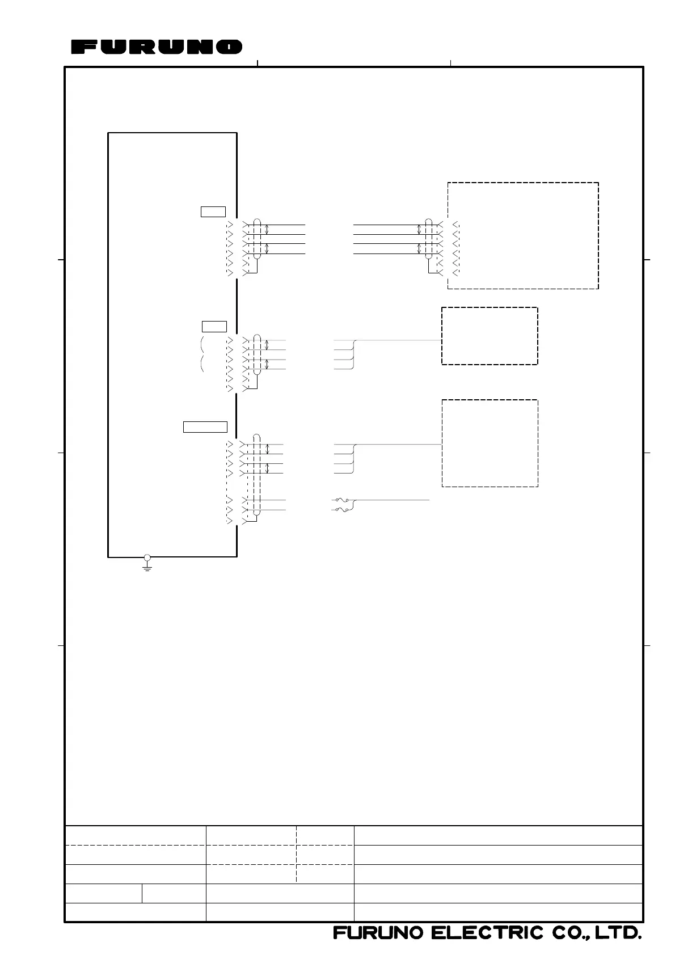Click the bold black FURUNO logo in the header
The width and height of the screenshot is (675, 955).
157,47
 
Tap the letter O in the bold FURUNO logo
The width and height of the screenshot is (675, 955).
229,47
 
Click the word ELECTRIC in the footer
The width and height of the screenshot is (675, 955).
487,933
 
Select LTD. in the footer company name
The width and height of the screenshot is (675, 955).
618,933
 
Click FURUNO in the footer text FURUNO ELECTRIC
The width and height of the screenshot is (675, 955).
379,933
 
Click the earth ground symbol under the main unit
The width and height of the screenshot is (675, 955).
147,567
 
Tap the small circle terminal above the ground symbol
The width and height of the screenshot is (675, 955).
147,557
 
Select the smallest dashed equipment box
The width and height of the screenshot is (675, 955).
490,307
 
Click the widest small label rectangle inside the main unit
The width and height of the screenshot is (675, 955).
205,427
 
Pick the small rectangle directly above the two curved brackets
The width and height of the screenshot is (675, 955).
214,327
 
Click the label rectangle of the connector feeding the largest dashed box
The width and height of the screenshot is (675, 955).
213,212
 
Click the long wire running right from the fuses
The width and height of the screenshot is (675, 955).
391,500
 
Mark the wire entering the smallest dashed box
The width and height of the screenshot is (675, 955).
398,340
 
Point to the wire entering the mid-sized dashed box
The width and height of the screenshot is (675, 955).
398,445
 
